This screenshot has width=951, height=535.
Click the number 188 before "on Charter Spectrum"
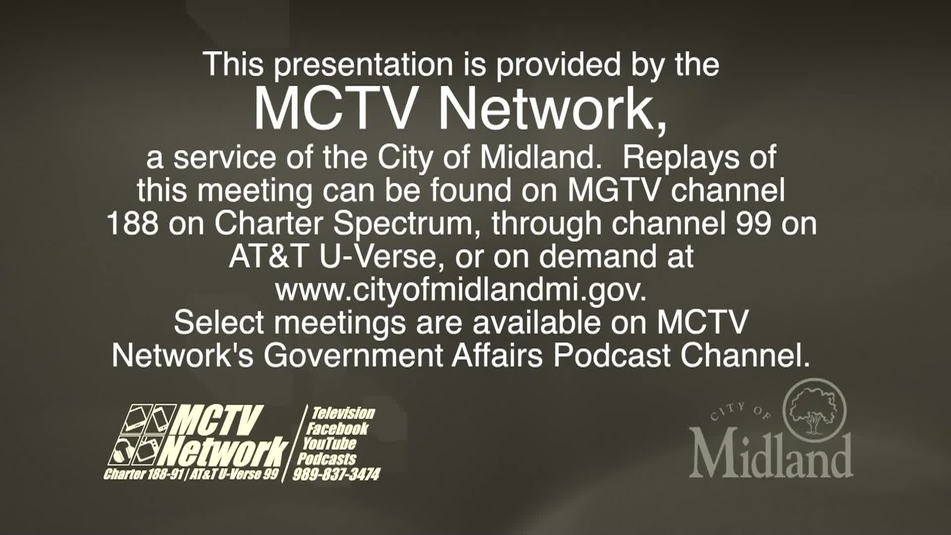[133, 223]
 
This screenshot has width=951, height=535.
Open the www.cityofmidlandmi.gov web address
[461, 290]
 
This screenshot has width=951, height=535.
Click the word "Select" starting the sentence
[219, 322]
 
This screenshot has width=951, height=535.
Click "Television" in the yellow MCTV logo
[342, 413]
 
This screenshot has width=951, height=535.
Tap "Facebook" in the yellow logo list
[337, 428]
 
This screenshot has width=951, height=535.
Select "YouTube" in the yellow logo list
[329, 443]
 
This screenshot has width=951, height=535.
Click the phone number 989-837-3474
[336, 475]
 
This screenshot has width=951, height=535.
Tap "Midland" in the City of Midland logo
[771, 455]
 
